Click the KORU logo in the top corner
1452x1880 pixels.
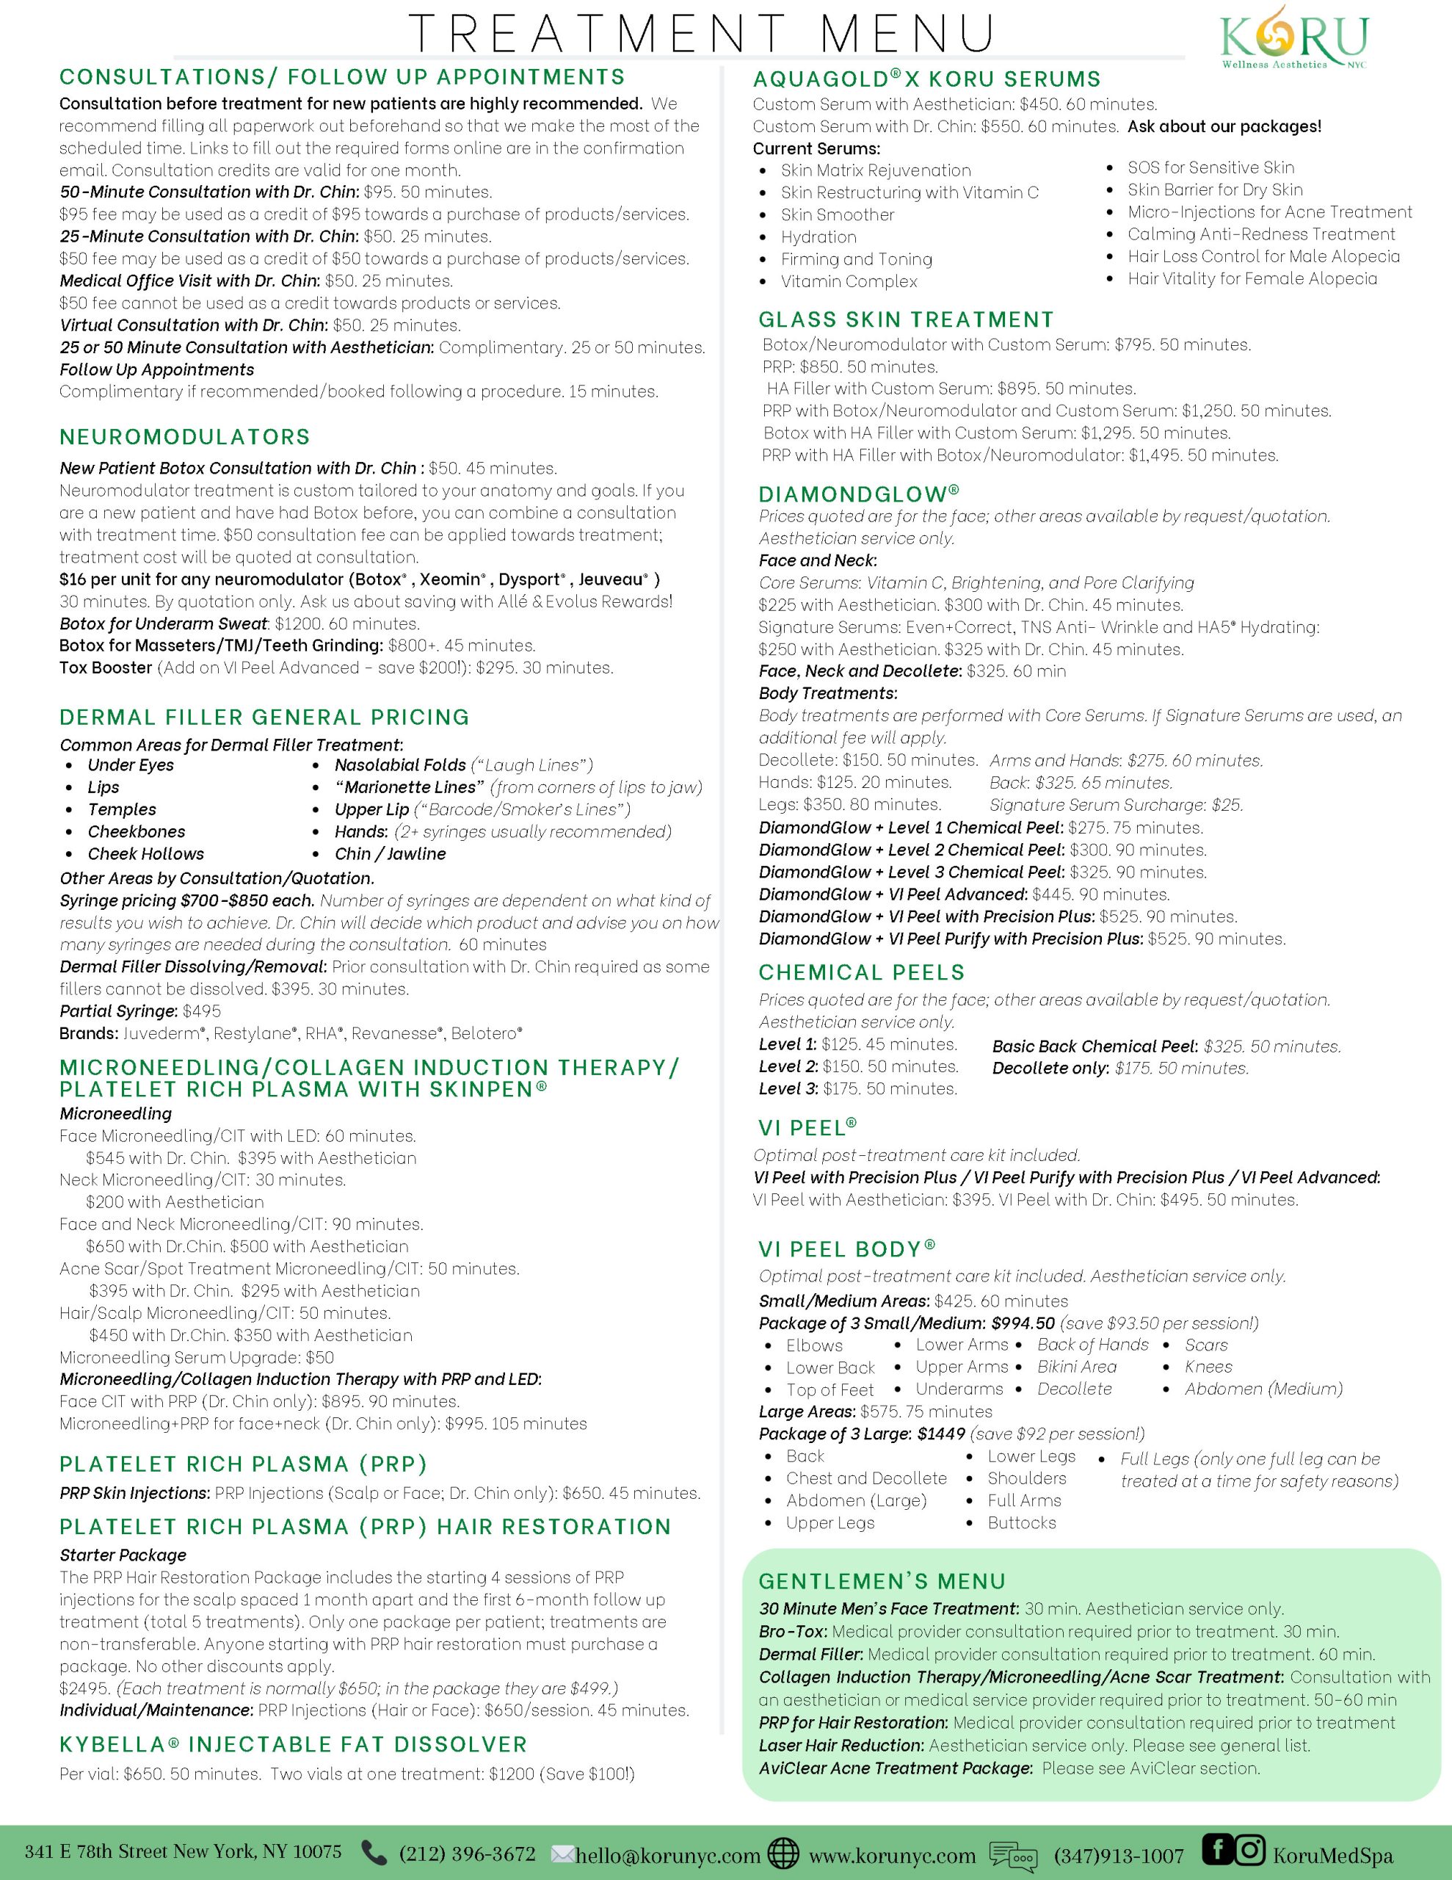(1293, 37)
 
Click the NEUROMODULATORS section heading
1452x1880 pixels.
(185, 437)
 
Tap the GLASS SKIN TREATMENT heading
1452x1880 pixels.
(905, 320)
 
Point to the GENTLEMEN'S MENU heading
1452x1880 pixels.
(882, 1581)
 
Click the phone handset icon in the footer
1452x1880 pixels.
(374, 1851)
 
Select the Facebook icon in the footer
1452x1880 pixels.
(1217, 1849)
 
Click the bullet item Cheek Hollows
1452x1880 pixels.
(145, 854)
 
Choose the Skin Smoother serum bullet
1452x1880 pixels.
(838, 215)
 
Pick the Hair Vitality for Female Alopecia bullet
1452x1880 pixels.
(1252, 279)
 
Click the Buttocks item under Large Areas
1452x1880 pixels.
(1022, 1523)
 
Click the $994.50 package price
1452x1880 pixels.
(1023, 1323)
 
